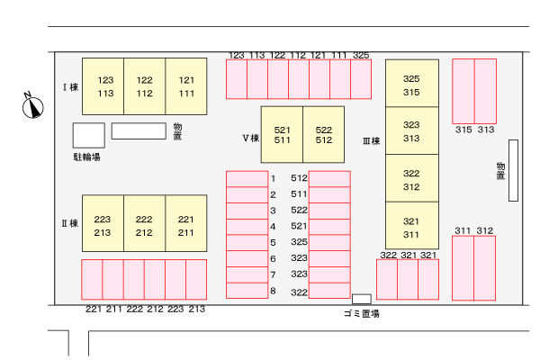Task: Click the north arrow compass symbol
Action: [x=33, y=107]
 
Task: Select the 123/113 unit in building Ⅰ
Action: [x=103, y=86]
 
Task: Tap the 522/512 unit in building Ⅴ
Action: [x=323, y=135]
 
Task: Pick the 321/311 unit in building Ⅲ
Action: [x=411, y=227]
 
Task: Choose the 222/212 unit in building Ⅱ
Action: [x=144, y=226]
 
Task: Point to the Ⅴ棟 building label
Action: [x=250, y=139]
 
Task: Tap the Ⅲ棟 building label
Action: [x=371, y=141]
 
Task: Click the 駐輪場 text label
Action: [x=86, y=157]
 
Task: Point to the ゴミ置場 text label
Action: [x=361, y=313]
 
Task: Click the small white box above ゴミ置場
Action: [x=361, y=299]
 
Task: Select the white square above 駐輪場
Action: [x=88, y=135]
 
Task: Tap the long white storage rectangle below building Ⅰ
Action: [x=139, y=130]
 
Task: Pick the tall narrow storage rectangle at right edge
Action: [x=513, y=171]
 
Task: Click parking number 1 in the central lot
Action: [x=273, y=179]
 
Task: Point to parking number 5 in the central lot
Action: [x=273, y=243]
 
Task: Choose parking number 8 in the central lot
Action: [x=273, y=291]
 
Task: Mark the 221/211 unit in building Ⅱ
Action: [x=185, y=226]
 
